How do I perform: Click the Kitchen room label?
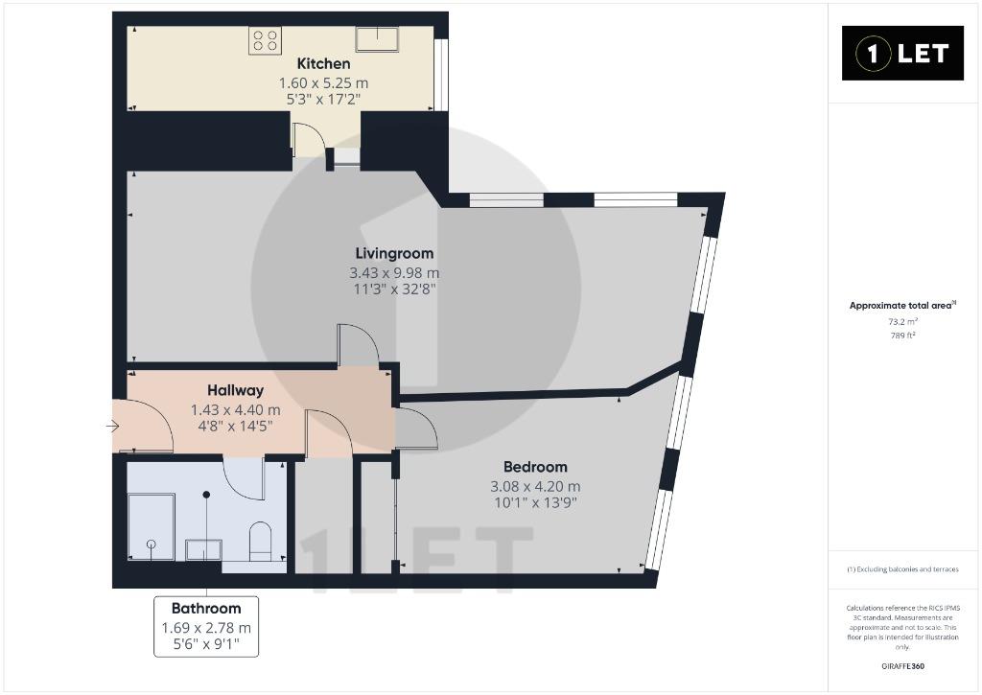(x=323, y=63)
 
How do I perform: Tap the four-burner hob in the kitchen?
(x=265, y=40)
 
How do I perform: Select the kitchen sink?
(x=377, y=38)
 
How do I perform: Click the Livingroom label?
(x=394, y=254)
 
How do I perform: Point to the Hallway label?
(x=236, y=390)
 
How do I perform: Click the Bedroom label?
(x=535, y=467)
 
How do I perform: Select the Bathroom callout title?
(x=206, y=608)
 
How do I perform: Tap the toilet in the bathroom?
(x=260, y=542)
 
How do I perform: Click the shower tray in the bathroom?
(x=151, y=526)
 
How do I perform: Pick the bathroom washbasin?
(x=203, y=549)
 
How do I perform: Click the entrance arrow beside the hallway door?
(x=113, y=427)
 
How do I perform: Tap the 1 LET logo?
(x=902, y=54)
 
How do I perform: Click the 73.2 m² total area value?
(x=902, y=322)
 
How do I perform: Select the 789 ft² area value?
(x=902, y=336)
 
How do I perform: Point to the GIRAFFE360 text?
(x=902, y=666)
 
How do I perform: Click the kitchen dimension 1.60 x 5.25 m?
(x=323, y=82)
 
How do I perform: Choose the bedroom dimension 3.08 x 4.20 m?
(x=535, y=486)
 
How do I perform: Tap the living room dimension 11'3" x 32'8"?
(x=394, y=290)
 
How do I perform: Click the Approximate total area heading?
(x=901, y=306)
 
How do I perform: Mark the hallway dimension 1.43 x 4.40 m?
(x=236, y=410)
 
